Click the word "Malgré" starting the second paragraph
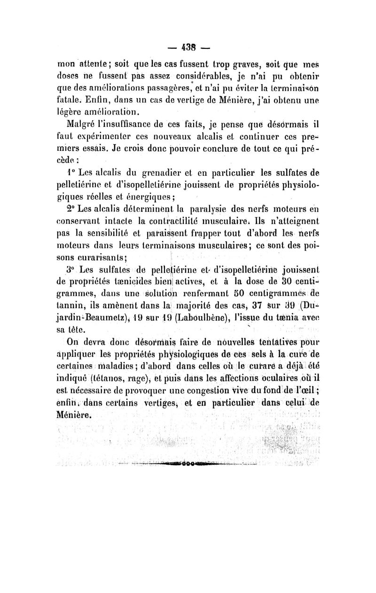pos(82,124)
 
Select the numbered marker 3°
pos(71,270)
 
